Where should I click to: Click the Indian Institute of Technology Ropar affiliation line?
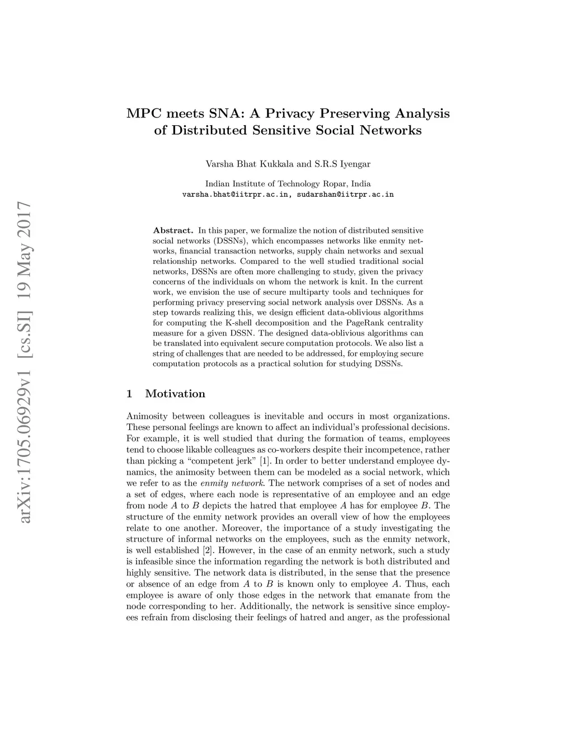pos(288,183)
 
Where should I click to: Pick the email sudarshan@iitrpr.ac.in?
pos(345,195)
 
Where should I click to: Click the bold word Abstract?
pos(173,230)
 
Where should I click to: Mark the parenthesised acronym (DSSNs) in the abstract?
pos(225,240)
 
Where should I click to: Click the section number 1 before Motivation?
pos(130,394)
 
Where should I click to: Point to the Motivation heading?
pos(175,394)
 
